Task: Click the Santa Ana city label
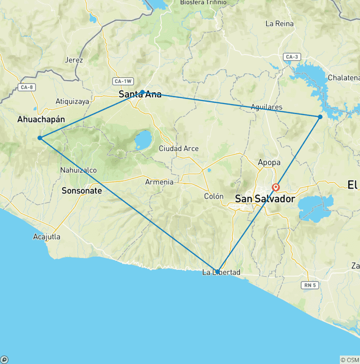click(140, 95)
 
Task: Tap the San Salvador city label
click(265, 199)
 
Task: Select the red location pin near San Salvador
click(276, 187)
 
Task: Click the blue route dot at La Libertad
click(217, 271)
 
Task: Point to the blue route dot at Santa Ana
click(142, 92)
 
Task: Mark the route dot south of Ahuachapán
click(40, 138)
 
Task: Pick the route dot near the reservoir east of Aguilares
click(320, 117)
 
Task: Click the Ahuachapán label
click(41, 119)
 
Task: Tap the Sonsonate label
click(82, 191)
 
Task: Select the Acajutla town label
click(47, 237)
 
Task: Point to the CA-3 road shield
click(291, 57)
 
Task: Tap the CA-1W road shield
click(122, 81)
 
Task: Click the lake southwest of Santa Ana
click(143, 139)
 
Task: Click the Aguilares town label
click(267, 107)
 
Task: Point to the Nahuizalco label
click(78, 170)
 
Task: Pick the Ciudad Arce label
click(179, 149)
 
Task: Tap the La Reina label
click(279, 23)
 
